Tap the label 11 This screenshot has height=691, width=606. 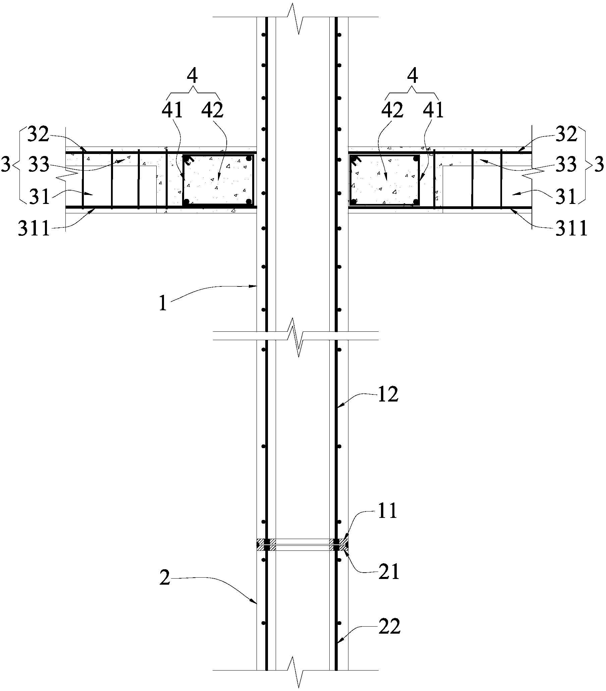coord(387,512)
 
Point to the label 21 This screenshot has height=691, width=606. coord(389,572)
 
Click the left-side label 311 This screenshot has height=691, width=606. coord(34,229)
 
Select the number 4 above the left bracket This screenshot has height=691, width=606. coord(192,77)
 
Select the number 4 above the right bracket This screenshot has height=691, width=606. coord(413,77)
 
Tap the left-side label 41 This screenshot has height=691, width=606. coord(172,111)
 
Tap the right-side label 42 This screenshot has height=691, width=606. coord(392,111)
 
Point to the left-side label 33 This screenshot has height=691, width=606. coord(39,165)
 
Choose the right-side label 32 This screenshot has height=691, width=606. coord(565,135)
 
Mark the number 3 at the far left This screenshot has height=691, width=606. coord(6,166)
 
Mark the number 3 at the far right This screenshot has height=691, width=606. coord(599,165)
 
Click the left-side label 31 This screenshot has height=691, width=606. coord(40,197)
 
